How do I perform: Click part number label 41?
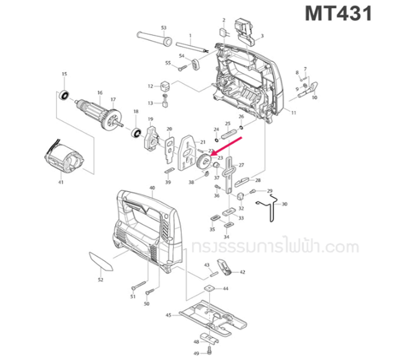[60, 182]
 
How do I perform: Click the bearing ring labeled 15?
[65, 94]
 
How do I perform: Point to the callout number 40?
[151, 188]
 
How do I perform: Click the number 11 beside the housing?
[293, 112]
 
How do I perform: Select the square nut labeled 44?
[209, 288]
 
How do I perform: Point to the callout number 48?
[196, 342]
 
